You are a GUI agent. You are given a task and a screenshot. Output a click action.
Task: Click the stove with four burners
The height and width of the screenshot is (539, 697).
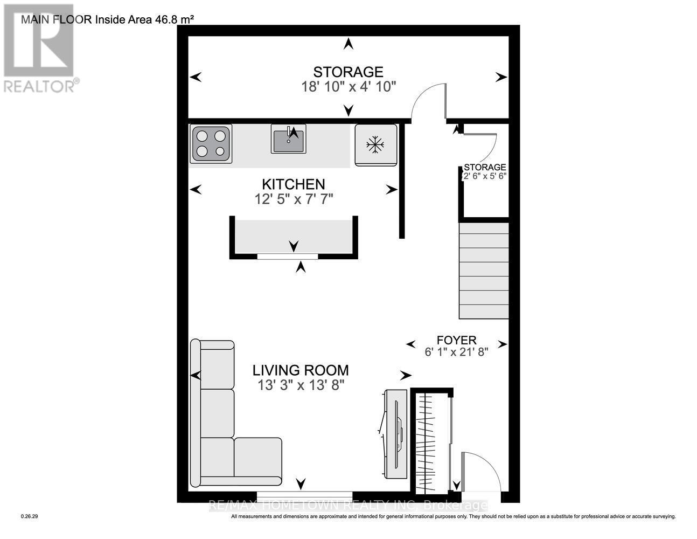tap(211, 144)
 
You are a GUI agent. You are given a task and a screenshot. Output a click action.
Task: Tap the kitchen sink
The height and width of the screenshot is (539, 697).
tap(288, 139)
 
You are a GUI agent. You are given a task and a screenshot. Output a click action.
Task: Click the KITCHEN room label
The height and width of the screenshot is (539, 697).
tap(294, 184)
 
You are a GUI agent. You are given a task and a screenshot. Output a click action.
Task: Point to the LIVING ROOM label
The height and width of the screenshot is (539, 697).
tap(301, 370)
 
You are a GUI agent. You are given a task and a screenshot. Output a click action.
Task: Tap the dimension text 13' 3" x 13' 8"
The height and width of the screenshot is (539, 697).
tap(301, 385)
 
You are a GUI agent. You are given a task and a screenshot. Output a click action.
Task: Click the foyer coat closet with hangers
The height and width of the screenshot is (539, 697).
tap(431, 439)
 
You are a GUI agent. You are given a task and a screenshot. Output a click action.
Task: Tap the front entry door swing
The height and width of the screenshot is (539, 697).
tap(481, 472)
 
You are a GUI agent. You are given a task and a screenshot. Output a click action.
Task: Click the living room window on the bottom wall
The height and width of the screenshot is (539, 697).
tap(304, 494)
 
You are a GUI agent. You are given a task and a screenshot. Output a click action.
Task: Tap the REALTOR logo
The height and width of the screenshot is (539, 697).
tap(39, 49)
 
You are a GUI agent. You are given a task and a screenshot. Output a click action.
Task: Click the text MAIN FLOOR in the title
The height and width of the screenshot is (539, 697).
tap(57, 20)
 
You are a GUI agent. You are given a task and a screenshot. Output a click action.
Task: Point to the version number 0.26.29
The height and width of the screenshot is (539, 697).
tap(29, 516)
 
